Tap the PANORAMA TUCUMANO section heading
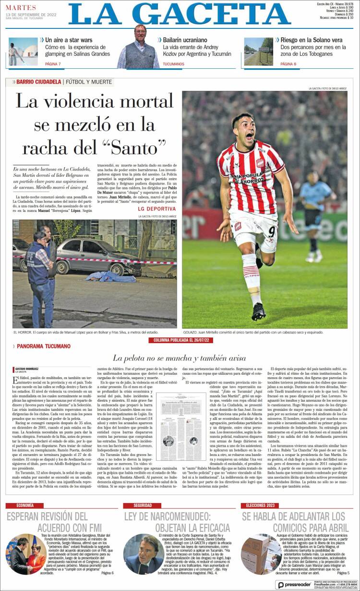[x=43, y=346]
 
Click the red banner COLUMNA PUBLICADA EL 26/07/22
[x=180, y=340]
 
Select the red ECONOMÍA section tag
[x=25, y=505]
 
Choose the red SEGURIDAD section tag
[x=143, y=505]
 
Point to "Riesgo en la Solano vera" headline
[x=311, y=40]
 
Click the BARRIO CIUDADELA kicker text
[x=38, y=82]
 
